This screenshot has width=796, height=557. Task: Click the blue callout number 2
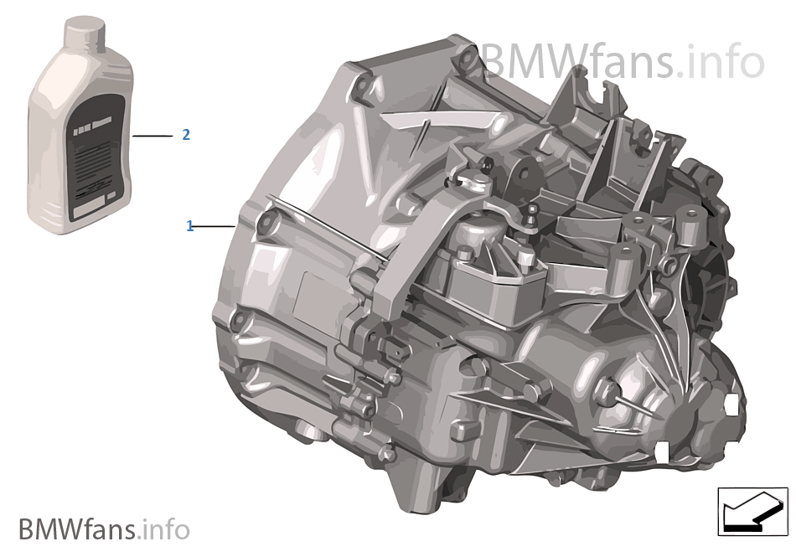tap(186, 134)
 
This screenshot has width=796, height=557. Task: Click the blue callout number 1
tap(189, 226)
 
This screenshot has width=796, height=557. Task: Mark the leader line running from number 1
tap(215, 226)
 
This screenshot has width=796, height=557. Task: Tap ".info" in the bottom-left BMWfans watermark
tap(165, 529)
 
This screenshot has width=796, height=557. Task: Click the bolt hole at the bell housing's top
tap(362, 85)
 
